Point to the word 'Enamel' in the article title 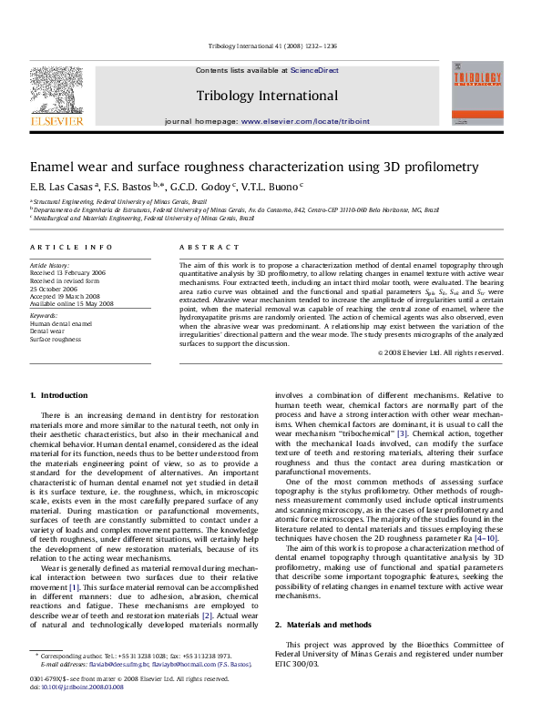point(56,167)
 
